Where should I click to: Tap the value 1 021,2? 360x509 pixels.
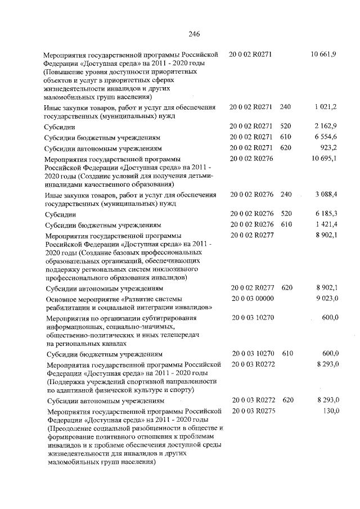[x=326, y=106]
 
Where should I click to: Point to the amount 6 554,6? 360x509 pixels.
[x=326, y=137]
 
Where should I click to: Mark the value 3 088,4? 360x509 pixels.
[x=326, y=194]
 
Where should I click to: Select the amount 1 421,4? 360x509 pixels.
[x=326, y=224]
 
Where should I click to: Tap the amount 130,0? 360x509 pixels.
[x=330, y=411]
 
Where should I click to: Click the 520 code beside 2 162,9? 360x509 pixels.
[x=286, y=127]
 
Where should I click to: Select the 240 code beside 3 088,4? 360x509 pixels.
[x=286, y=194]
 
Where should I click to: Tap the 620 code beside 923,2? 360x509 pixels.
[x=286, y=148]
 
